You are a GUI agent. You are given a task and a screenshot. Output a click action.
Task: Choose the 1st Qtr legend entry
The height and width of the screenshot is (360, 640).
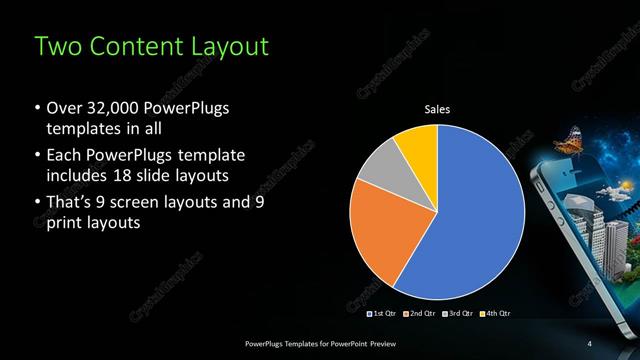(x=383, y=315)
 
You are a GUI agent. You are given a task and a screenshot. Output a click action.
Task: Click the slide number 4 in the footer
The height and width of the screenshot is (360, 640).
(x=590, y=344)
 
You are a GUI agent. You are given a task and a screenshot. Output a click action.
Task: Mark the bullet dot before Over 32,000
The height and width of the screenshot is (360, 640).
(x=37, y=109)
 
